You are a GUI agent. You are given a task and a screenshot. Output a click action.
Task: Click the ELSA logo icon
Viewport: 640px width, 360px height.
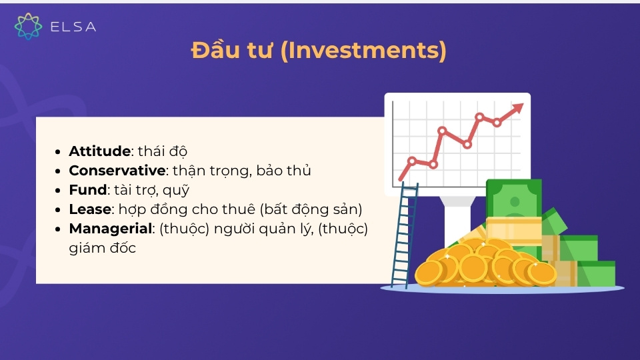tap(28, 27)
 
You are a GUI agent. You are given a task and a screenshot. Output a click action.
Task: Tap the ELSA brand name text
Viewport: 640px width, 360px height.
tap(73, 27)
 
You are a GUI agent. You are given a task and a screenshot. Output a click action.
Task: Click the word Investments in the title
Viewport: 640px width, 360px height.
tap(363, 51)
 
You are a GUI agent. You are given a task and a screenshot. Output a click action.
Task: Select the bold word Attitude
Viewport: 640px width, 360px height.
tap(99, 151)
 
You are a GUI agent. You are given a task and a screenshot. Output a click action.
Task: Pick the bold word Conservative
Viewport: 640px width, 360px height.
tap(117, 171)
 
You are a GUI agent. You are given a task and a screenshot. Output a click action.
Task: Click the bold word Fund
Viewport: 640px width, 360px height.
tap(88, 190)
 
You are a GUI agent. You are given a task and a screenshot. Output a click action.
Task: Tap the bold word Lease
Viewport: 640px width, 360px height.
tap(89, 209)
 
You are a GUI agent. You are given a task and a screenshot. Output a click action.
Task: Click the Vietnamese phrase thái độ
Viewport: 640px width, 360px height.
tap(163, 151)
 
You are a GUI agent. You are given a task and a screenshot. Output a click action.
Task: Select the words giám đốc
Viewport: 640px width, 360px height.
tap(103, 248)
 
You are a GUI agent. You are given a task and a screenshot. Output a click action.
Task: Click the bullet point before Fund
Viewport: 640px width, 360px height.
tap(60, 191)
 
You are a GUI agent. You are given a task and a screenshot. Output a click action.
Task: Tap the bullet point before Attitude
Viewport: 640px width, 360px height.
tap(60, 151)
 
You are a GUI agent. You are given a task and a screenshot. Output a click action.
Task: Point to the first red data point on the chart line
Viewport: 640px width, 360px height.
tap(412, 161)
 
